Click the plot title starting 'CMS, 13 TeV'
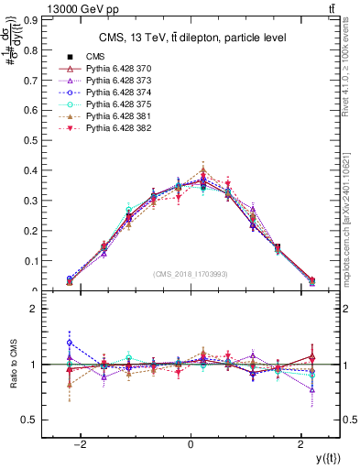191,37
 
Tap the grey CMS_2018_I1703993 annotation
191,273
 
